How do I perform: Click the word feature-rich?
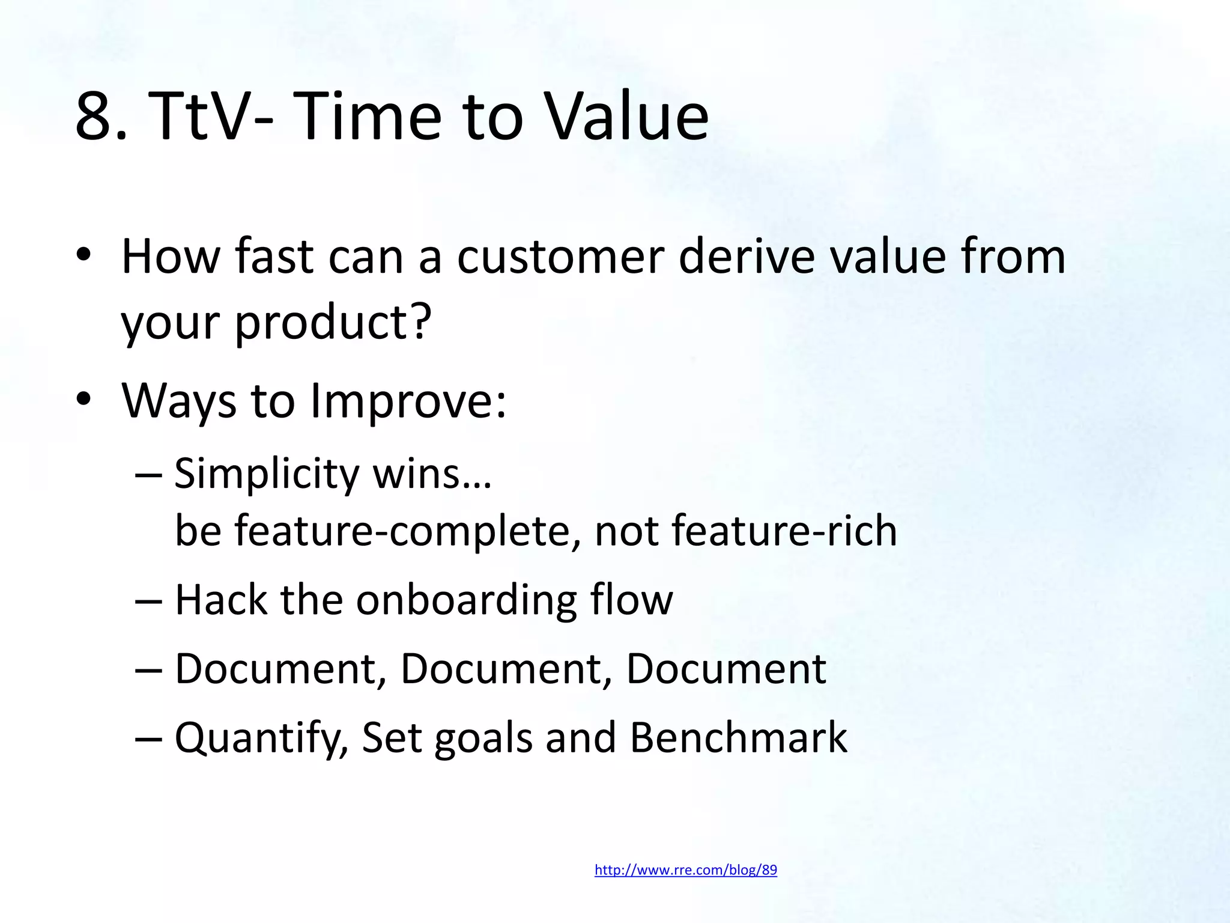[x=784, y=531]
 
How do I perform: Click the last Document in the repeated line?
[x=726, y=669]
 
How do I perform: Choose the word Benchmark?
[x=738, y=737]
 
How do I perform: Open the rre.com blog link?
[x=685, y=870]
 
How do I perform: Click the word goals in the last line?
[x=483, y=739]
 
